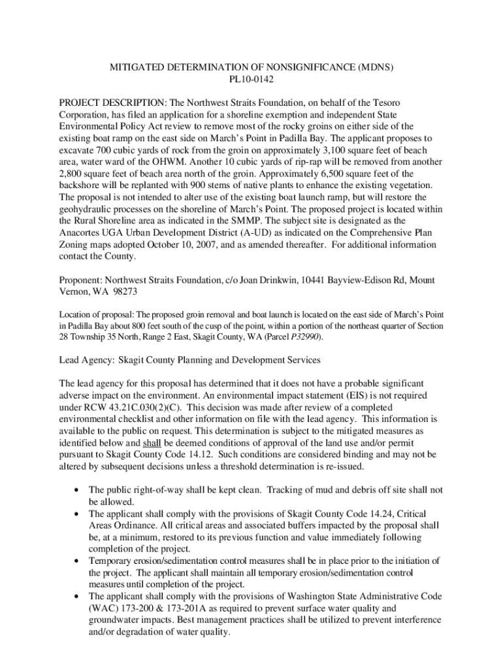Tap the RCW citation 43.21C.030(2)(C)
coord(155,408)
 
